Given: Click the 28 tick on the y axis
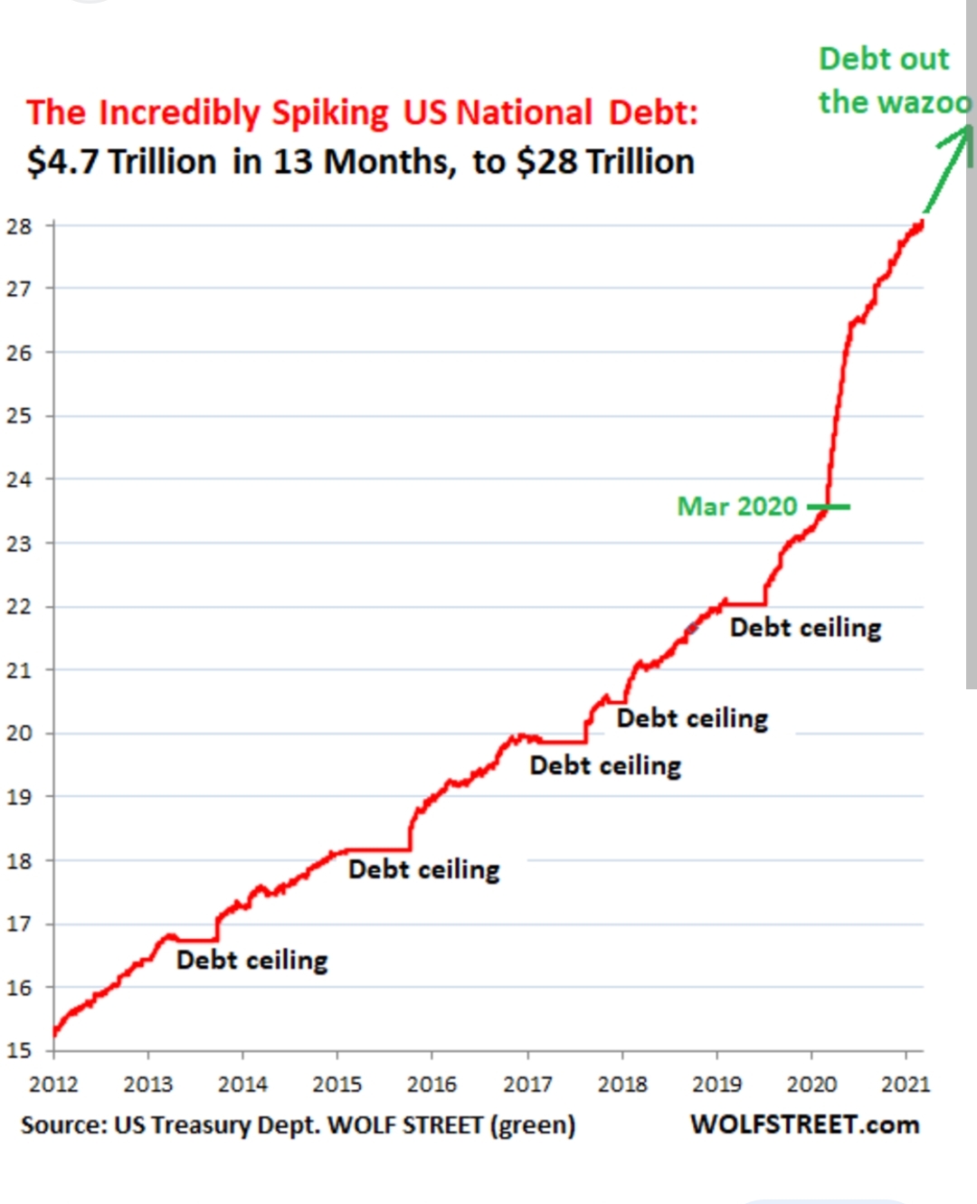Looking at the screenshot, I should click(x=19, y=226).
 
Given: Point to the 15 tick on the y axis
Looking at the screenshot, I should click(x=19, y=1050).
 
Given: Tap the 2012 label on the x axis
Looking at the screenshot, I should click(x=53, y=1084).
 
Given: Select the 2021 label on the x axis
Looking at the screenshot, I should click(x=906, y=1084).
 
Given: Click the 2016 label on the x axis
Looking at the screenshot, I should click(x=432, y=1084).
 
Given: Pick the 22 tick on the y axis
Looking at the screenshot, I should click(x=19, y=607).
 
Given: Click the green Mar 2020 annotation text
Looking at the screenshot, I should click(x=737, y=506).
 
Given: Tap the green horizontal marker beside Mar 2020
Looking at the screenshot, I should click(x=830, y=507).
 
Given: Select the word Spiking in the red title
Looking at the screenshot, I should click(x=330, y=113).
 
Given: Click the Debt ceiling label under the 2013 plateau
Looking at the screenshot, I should click(x=251, y=960).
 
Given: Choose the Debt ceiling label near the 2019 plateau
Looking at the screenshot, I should click(x=805, y=628).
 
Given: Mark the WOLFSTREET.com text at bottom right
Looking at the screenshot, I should click(x=804, y=1124).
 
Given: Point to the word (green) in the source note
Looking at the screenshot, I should click(x=533, y=1125).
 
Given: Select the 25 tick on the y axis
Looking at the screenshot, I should click(x=19, y=416).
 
